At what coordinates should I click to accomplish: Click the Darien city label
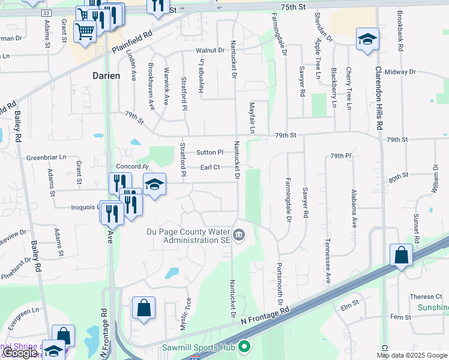pyautogui.click(x=106, y=76)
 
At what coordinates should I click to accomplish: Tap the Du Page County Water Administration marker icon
pyautogui.click(x=239, y=234)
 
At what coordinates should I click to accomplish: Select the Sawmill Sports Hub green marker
pyautogui.click(x=244, y=347)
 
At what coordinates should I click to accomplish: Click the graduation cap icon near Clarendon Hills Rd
pyautogui.click(x=367, y=40)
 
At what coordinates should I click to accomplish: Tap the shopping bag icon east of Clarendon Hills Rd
pyautogui.click(x=400, y=255)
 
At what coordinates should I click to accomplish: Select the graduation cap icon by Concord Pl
pyautogui.click(x=154, y=185)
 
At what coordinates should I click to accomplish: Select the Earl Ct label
pyautogui.click(x=210, y=167)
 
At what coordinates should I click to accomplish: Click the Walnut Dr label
pyautogui.click(x=209, y=50)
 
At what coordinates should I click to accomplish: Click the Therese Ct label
pyautogui.click(x=426, y=296)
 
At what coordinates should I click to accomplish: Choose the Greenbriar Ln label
pyautogui.click(x=47, y=158)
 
